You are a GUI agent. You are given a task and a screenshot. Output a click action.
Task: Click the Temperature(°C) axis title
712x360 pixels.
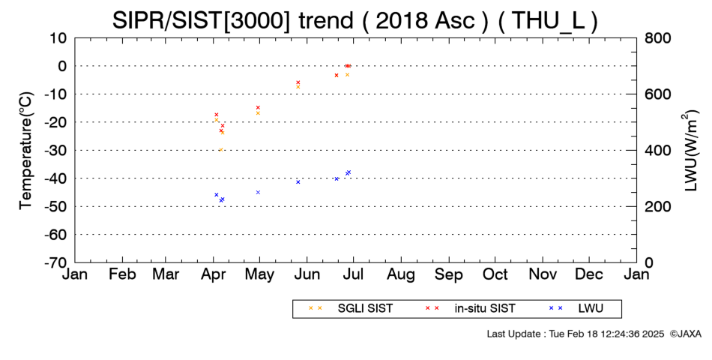[x=26, y=151]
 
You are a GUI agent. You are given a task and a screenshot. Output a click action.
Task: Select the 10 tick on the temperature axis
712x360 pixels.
[x=58, y=37]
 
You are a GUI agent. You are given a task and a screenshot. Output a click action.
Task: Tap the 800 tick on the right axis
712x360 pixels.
[x=657, y=37]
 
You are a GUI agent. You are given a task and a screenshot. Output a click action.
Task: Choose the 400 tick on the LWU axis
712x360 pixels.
[x=657, y=150]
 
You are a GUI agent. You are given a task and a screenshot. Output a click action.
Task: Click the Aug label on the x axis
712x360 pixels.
[x=401, y=275]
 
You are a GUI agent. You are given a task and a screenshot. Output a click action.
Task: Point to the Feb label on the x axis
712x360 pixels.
[x=123, y=274]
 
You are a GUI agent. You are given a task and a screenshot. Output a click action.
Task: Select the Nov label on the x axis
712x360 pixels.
[x=543, y=274]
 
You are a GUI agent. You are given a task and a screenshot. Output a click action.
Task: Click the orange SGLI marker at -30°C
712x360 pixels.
[x=220, y=149]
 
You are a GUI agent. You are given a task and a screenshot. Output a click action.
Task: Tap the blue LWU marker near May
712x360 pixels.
[x=258, y=192]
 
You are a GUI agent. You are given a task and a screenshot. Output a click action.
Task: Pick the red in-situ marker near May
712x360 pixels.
[x=258, y=108]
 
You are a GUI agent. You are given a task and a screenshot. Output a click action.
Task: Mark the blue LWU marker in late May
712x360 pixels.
[x=298, y=181]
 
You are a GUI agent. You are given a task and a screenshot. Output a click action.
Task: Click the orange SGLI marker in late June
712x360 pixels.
[x=347, y=74]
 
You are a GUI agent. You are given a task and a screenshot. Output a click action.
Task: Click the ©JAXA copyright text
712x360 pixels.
[x=685, y=334]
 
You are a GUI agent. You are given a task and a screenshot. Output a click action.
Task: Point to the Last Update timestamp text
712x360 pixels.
[x=576, y=334]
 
